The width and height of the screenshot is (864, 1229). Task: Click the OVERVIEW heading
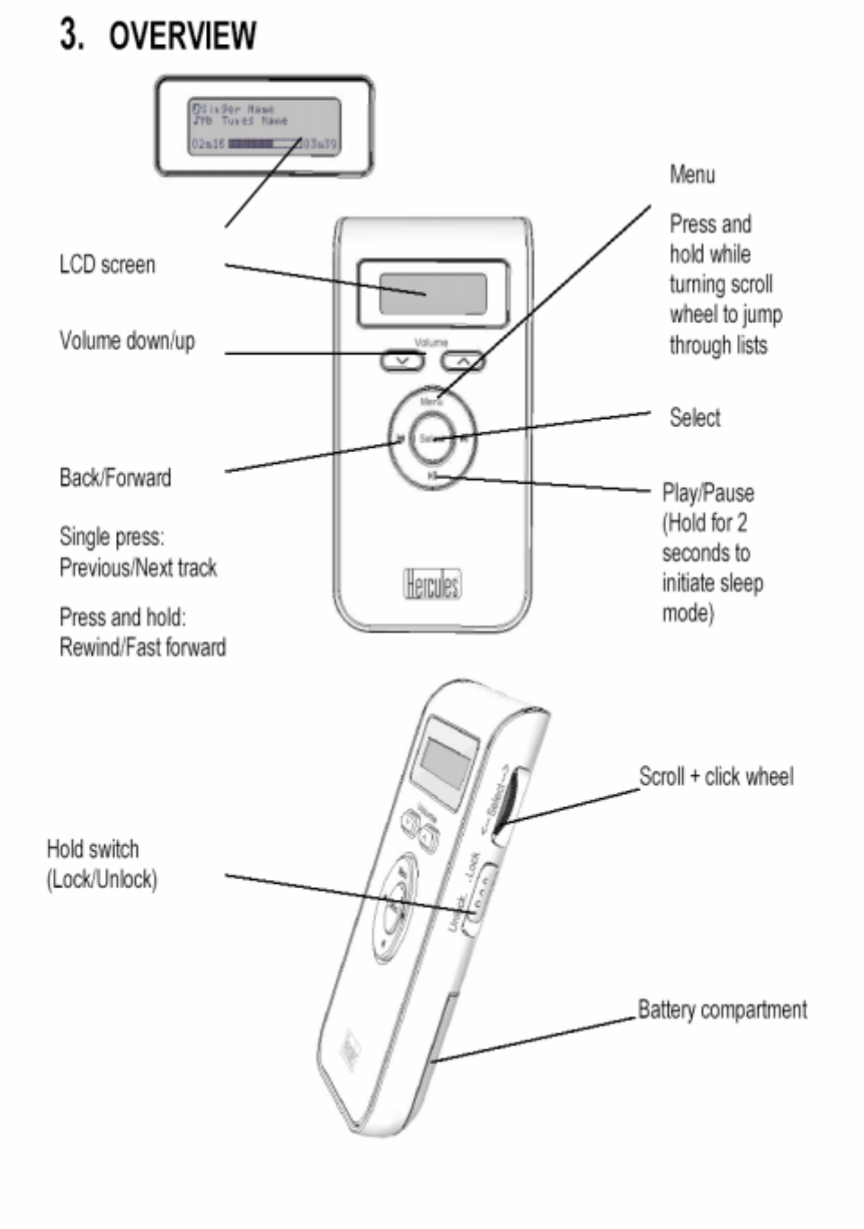182,36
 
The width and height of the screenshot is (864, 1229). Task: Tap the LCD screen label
107,265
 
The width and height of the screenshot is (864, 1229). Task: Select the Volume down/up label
127,341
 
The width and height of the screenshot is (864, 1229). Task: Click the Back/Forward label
115,477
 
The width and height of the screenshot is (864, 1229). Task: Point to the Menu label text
692,174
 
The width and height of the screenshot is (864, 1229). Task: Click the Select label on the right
695,417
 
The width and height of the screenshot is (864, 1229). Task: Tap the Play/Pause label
708,493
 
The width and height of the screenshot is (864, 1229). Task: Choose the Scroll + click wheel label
716,776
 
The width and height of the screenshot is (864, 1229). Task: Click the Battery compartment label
722,1010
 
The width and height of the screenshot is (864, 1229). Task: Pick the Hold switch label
93,850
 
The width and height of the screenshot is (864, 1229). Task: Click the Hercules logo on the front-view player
432,584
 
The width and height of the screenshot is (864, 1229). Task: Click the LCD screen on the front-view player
432,294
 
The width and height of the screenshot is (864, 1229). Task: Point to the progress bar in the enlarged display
264,144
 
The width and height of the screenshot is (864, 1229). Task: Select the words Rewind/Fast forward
142,647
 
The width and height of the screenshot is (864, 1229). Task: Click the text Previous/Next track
138,568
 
